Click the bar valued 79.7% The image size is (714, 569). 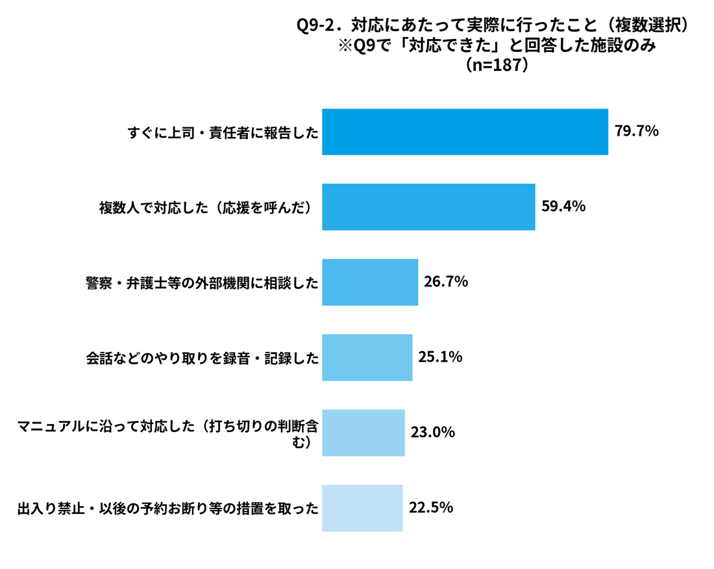[x=465, y=132]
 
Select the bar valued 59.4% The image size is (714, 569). [x=428, y=207]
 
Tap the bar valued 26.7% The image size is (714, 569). [x=370, y=282]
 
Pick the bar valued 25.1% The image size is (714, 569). [x=367, y=358]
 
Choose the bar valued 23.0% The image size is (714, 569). [x=363, y=433]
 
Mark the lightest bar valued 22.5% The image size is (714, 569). [x=362, y=508]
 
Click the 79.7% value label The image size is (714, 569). [x=637, y=131]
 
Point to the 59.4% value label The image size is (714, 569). [x=563, y=207]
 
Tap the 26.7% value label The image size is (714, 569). [x=446, y=281]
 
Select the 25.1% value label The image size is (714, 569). [x=440, y=357]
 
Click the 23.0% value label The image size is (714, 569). [x=433, y=432]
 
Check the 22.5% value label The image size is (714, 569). [x=431, y=507]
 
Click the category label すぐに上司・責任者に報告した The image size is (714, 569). [x=223, y=133]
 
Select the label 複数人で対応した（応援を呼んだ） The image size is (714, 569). [x=207, y=209]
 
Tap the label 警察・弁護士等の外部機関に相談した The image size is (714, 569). [x=202, y=283]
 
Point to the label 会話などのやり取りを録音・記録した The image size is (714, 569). [x=202, y=359]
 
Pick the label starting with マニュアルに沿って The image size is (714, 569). [x=168, y=434]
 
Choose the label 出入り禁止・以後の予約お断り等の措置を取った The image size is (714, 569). [x=168, y=509]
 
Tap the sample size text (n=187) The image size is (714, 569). [x=497, y=65]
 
